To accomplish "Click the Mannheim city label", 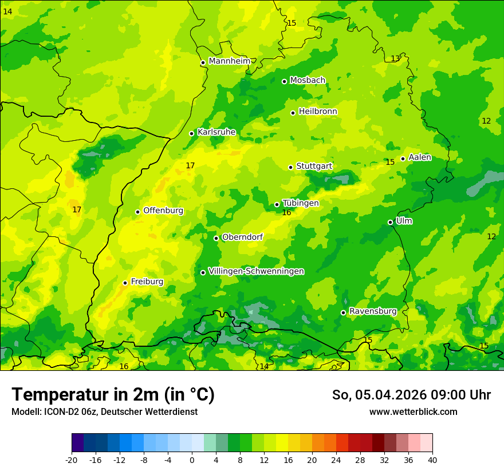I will tap(230, 61).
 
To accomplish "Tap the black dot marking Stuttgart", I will tap(290, 167).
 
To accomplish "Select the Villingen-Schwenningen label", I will tap(256, 271).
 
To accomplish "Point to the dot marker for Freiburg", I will tap(125, 283).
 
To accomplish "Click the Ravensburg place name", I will tap(373, 311).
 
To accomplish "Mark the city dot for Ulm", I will tap(390, 222).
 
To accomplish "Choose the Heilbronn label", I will tap(318, 112).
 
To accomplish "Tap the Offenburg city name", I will tap(163, 211).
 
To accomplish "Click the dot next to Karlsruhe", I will tap(191, 133).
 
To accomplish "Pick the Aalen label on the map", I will tap(420, 157).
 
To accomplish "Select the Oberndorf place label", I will tap(242, 237).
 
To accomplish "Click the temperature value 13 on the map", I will tap(395, 58).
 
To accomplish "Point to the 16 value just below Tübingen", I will tap(286, 213).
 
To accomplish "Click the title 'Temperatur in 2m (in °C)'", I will tap(113, 395).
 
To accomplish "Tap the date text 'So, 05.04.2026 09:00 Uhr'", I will tap(411, 395).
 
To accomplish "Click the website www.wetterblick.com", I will tap(413, 412).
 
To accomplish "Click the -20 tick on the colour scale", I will tap(72, 460).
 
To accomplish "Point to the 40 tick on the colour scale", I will tap(432, 460).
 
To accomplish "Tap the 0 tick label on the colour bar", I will tap(192, 460).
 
